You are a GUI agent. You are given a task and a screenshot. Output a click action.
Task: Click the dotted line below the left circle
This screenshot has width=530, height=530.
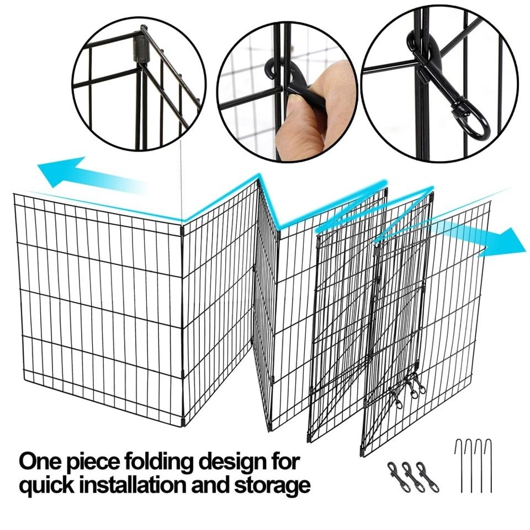[182, 185]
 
